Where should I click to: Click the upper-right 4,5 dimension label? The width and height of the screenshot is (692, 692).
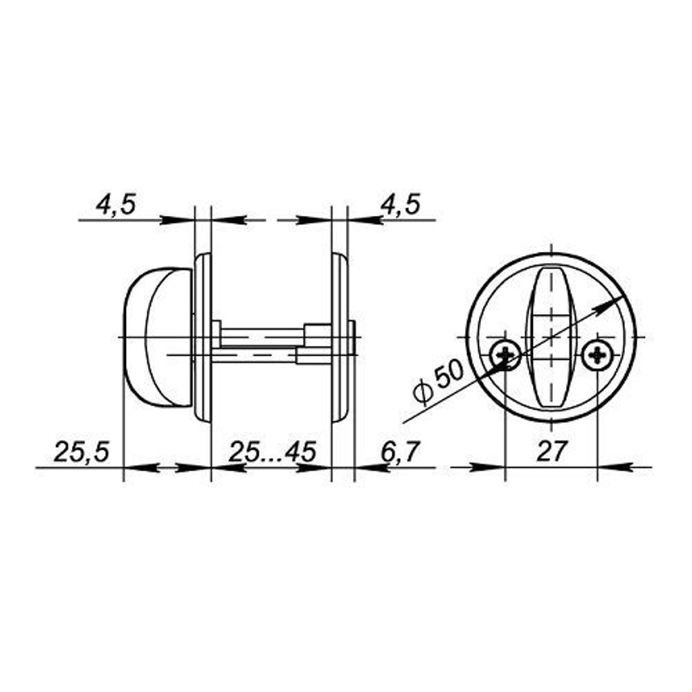point(400,205)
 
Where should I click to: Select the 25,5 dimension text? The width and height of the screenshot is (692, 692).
point(81,453)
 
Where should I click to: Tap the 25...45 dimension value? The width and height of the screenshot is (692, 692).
point(272,453)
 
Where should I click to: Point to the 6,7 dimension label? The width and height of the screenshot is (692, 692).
point(400,453)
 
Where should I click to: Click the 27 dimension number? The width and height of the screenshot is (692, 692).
point(552,451)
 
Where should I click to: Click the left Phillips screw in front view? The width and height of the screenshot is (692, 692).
point(506,356)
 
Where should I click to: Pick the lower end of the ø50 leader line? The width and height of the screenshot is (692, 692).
point(404,422)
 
